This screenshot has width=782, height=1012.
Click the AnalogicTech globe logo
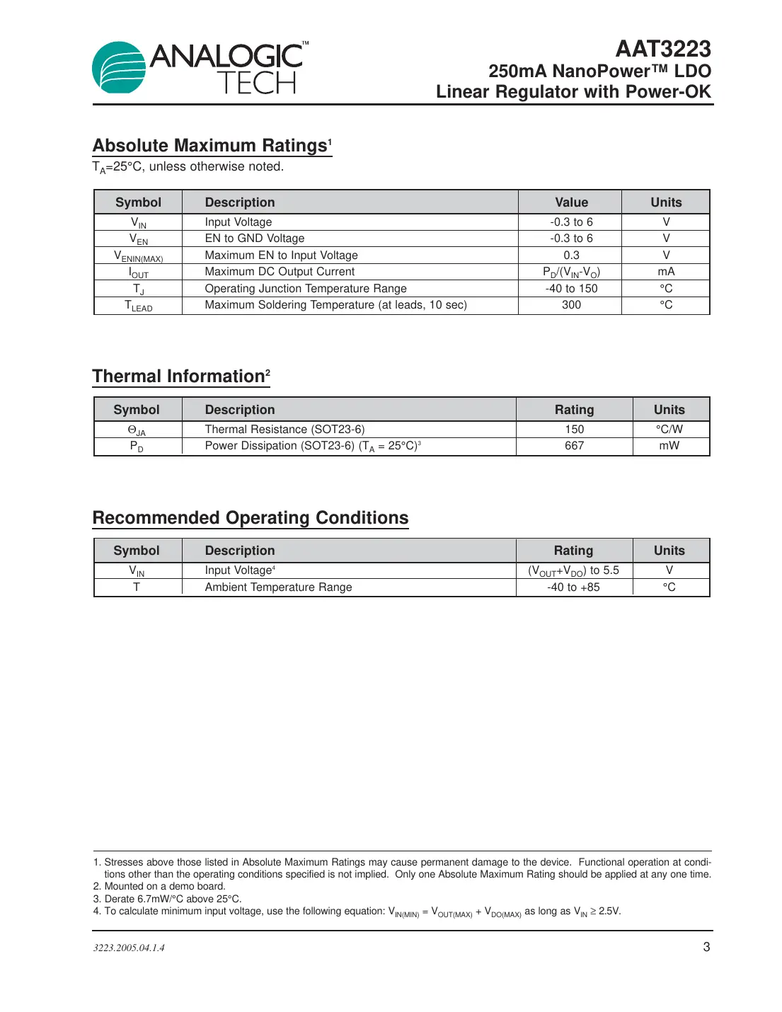[x=119, y=68]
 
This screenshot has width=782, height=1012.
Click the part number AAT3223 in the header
[x=662, y=49]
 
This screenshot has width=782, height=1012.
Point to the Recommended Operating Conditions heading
[x=251, y=518]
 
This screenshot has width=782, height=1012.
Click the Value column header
[x=571, y=202]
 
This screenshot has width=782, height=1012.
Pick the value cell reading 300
[x=571, y=305]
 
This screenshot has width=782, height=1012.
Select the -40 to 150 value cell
[x=571, y=289]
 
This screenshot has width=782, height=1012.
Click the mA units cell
[x=666, y=272]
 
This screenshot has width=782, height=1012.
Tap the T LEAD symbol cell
[x=139, y=306]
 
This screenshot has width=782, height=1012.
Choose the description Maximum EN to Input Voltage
[x=281, y=255]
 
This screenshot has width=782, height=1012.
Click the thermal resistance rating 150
[x=574, y=430]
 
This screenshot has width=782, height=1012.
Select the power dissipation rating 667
[x=574, y=446]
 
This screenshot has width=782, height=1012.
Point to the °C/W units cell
[x=669, y=430]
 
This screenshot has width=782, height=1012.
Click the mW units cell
[x=669, y=446]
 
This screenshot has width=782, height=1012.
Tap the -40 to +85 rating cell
[x=573, y=587]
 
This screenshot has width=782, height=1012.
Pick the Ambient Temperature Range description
[x=278, y=587]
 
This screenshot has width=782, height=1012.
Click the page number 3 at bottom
[x=706, y=947]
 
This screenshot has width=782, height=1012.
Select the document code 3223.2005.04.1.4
[x=129, y=948]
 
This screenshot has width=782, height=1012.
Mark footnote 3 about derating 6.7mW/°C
[x=168, y=899]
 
